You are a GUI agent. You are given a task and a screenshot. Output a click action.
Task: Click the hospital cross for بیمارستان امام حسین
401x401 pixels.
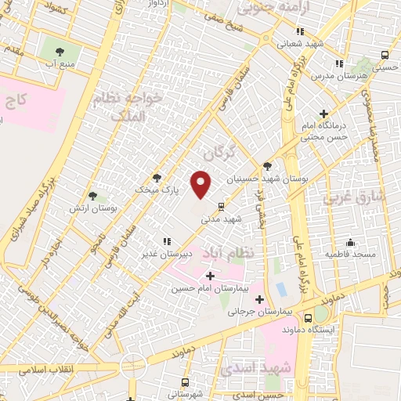point(209,276)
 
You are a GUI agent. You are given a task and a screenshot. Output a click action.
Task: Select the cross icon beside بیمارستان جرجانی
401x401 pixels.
point(259,298)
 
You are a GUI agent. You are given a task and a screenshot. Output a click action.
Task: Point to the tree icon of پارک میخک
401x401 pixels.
point(157,178)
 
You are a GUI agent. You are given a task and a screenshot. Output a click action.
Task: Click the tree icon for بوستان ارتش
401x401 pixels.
point(93,196)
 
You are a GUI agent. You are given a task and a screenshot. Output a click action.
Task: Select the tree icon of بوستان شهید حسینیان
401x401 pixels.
point(268,166)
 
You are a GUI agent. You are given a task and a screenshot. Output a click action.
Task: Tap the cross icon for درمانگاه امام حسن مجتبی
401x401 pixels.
point(323,114)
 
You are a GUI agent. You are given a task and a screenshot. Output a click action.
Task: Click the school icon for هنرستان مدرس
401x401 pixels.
point(339,63)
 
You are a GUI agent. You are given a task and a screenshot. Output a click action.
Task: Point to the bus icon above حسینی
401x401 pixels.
point(384,55)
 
